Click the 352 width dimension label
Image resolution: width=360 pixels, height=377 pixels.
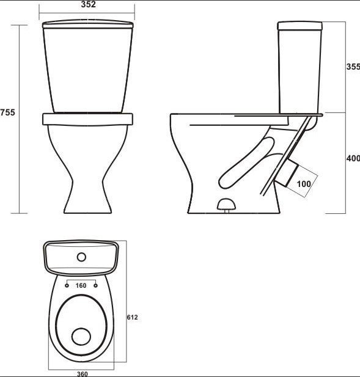(88, 4)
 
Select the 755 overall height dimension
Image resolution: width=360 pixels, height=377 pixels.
(7, 112)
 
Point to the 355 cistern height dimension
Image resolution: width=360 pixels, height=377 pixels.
(353, 67)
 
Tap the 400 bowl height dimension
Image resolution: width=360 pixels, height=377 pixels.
(353, 158)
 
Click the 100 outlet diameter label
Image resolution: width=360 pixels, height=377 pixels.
(304, 184)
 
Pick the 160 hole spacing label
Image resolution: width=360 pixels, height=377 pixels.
(81, 285)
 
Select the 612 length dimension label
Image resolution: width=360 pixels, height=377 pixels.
(132, 317)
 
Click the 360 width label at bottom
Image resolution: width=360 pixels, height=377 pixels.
(83, 374)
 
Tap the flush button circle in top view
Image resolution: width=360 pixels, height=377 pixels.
(81, 257)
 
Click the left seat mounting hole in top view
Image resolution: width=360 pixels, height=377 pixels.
(67, 285)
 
